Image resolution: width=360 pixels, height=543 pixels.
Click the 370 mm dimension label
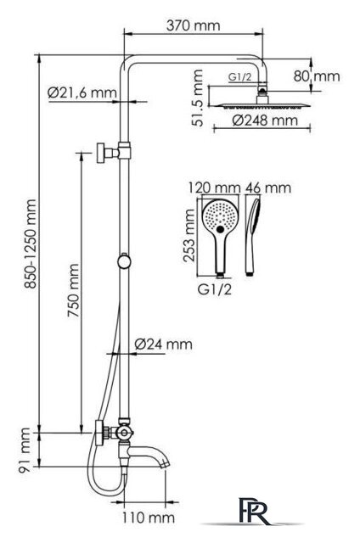tap(193, 25)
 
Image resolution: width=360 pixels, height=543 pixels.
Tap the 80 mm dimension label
tap(317, 76)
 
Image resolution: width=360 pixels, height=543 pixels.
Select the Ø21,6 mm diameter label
tap(82, 92)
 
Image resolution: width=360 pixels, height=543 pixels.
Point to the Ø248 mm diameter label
tap(265, 120)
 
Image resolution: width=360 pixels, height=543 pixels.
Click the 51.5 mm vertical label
tap(198, 98)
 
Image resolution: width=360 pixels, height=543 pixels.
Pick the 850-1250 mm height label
tap(31, 244)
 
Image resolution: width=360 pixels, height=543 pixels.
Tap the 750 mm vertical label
tap(74, 290)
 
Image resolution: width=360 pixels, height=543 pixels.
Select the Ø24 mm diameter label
tap(163, 344)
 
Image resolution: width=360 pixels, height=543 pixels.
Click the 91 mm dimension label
tap(25, 450)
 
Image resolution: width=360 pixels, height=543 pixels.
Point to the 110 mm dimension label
tap(149, 518)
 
